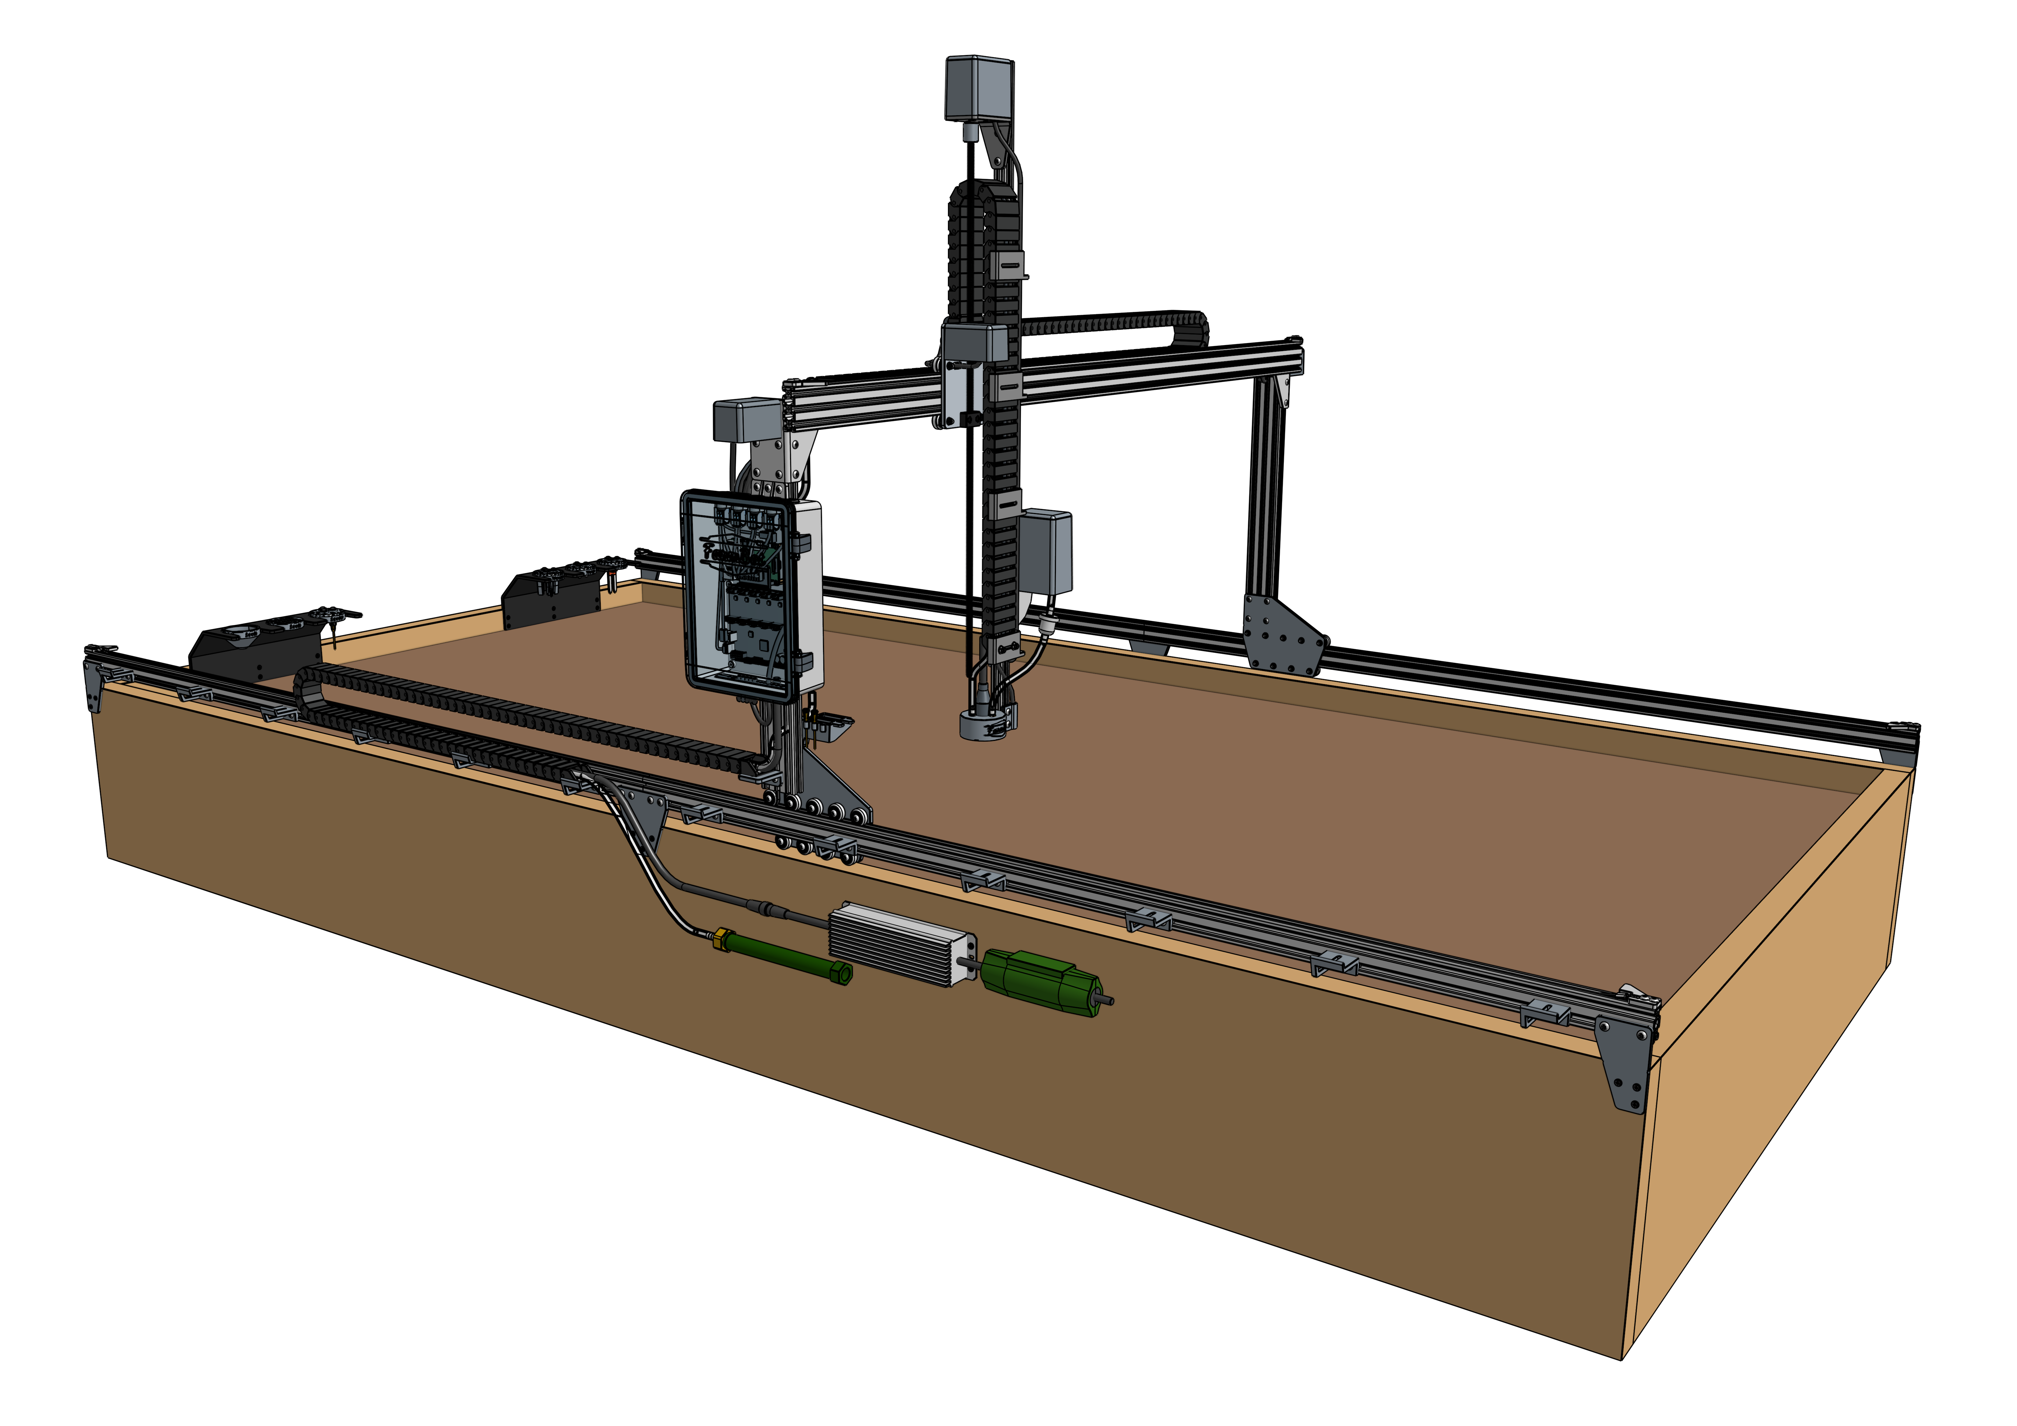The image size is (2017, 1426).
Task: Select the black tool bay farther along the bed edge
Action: tap(552, 597)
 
